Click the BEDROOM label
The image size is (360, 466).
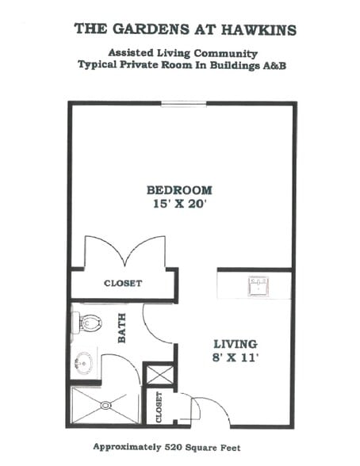[179, 189]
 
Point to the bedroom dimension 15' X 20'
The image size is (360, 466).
[179, 204]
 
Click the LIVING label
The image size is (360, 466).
[235, 344]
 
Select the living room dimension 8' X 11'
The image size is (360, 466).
[235, 358]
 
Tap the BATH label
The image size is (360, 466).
[123, 332]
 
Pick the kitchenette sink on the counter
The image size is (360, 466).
[256, 285]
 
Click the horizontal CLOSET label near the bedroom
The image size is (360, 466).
[123, 283]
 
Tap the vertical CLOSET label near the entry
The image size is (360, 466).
[159, 407]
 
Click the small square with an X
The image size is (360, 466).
[157, 374]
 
